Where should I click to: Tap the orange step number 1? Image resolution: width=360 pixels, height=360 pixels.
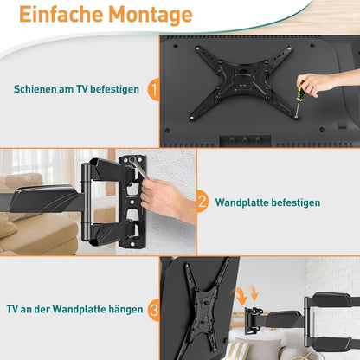coord(154,88)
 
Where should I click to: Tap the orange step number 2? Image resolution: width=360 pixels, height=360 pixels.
coord(202,202)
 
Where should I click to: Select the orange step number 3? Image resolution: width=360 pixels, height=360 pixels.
coord(154,307)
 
